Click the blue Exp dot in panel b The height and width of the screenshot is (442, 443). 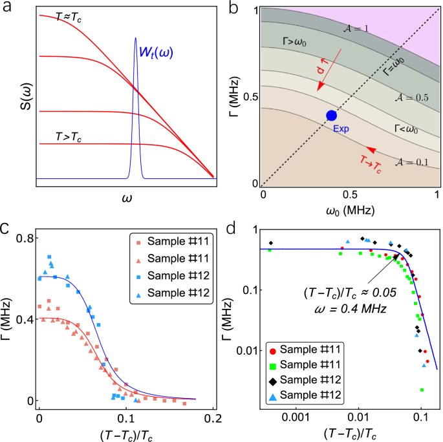coord(331,115)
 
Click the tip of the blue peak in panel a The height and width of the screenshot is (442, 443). coord(136,38)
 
